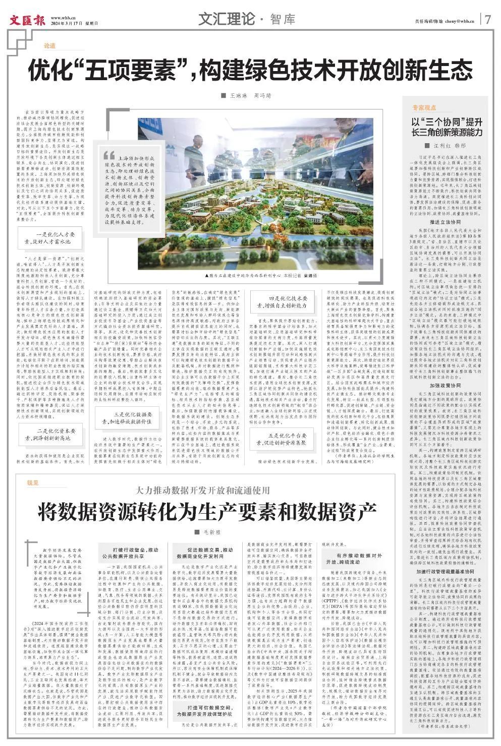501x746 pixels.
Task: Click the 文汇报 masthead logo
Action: tap(27, 20)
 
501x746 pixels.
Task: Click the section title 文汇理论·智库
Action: tap(246, 19)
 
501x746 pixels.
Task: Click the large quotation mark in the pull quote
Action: tap(108, 155)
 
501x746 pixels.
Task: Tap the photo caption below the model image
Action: tap(262, 276)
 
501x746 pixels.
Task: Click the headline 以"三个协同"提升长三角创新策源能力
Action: tap(447, 127)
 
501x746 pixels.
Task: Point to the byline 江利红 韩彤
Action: tap(447, 145)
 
